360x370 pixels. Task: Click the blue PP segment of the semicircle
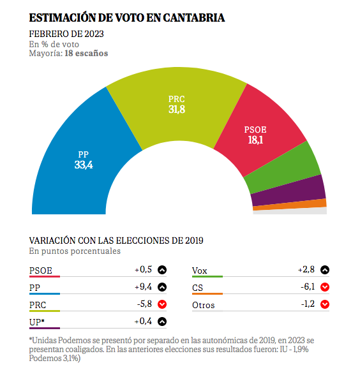pos(78,163)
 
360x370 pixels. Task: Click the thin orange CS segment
pos(290,205)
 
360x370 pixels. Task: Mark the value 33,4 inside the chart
pos(84,165)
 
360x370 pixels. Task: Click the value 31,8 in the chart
pos(177,109)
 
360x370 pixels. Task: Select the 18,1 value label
pos(255,140)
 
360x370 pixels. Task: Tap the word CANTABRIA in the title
pos(194,18)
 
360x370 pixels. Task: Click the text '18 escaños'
pos(86,54)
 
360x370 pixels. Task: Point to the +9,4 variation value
pos(143,286)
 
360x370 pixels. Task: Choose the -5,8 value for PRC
pos(144,304)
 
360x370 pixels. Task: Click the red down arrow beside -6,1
pos(325,287)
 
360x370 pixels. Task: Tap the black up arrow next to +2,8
pos(325,270)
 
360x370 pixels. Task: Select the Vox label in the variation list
pos(200,270)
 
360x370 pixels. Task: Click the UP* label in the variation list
pos(37,322)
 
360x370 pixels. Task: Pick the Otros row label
pos(204,305)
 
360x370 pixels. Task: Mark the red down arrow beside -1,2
pos(325,304)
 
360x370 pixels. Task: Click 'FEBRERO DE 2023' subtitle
pos(66,34)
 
